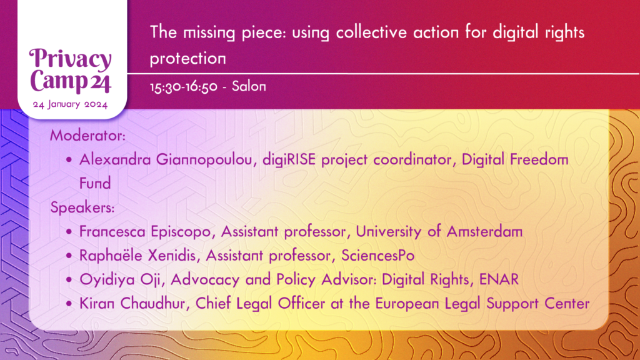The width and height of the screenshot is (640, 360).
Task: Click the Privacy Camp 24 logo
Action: tap(70, 71)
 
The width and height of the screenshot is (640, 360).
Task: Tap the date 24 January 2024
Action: tap(70, 104)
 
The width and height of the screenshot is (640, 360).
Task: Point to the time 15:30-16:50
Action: tap(184, 87)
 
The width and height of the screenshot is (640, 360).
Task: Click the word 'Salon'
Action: tap(249, 86)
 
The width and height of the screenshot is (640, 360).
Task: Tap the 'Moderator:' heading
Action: tap(87, 136)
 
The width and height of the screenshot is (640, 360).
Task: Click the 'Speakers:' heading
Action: tap(82, 208)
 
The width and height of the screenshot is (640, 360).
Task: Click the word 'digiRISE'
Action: tap(289, 159)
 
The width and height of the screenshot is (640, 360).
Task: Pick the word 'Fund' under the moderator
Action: tap(95, 183)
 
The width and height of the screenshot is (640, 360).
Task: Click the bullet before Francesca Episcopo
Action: tap(69, 232)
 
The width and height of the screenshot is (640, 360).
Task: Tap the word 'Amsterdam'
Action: tap(484, 232)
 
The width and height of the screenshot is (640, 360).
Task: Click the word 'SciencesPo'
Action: tap(378, 256)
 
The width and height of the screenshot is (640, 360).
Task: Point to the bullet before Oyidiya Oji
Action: tap(69, 280)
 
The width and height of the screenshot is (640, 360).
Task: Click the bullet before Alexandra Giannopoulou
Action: tap(69, 159)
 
